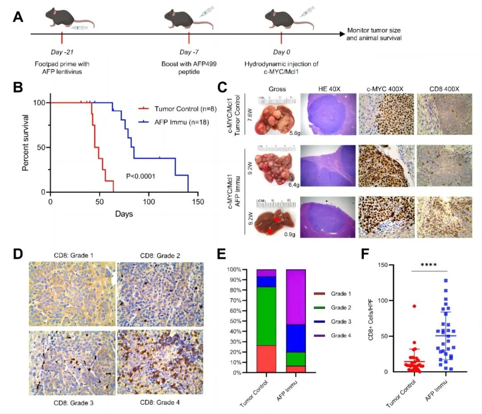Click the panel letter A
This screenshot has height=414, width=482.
(x=18, y=17)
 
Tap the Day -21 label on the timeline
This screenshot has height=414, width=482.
(x=62, y=53)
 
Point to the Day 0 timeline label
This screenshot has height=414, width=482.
(x=281, y=53)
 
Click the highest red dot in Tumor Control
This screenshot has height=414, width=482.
(x=415, y=306)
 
